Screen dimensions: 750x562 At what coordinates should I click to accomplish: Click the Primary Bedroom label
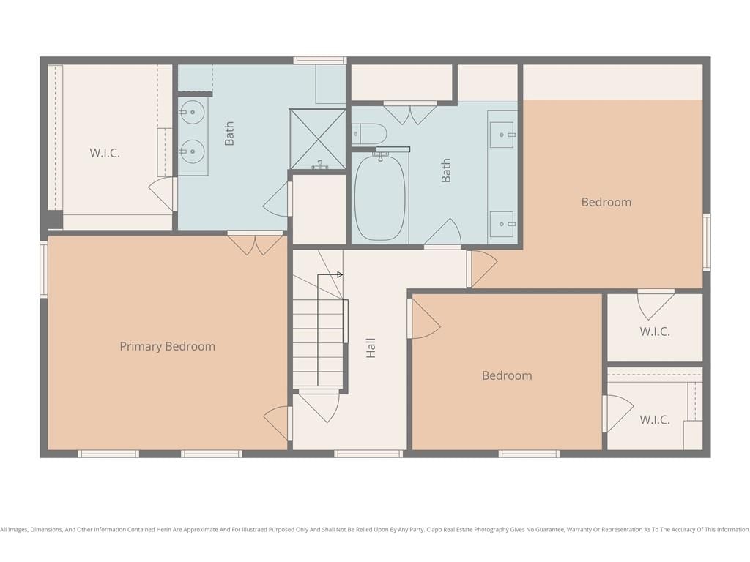click(168, 346)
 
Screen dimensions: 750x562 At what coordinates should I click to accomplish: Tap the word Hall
click(371, 348)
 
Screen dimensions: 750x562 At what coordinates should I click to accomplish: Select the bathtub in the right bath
click(380, 198)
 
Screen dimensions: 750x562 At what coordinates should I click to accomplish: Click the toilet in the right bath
click(369, 135)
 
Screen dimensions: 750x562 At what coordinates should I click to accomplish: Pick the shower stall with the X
click(318, 139)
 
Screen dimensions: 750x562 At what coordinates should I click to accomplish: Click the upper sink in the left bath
click(192, 113)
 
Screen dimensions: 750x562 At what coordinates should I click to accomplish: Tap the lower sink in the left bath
click(192, 152)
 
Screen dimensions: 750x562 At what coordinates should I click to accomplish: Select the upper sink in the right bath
click(502, 135)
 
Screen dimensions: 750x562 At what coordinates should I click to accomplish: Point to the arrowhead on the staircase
click(340, 275)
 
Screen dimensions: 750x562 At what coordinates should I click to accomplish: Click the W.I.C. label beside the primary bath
click(105, 153)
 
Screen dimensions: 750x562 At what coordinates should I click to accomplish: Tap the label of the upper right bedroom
click(606, 202)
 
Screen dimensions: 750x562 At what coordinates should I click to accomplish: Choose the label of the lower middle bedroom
click(507, 375)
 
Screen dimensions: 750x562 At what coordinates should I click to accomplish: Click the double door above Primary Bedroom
click(256, 243)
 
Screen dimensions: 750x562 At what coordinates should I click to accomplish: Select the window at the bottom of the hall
click(368, 454)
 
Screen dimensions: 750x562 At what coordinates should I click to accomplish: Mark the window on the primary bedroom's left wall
click(43, 269)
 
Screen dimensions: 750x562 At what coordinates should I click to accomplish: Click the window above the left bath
click(319, 60)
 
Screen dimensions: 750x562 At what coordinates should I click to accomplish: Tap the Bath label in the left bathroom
click(229, 133)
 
